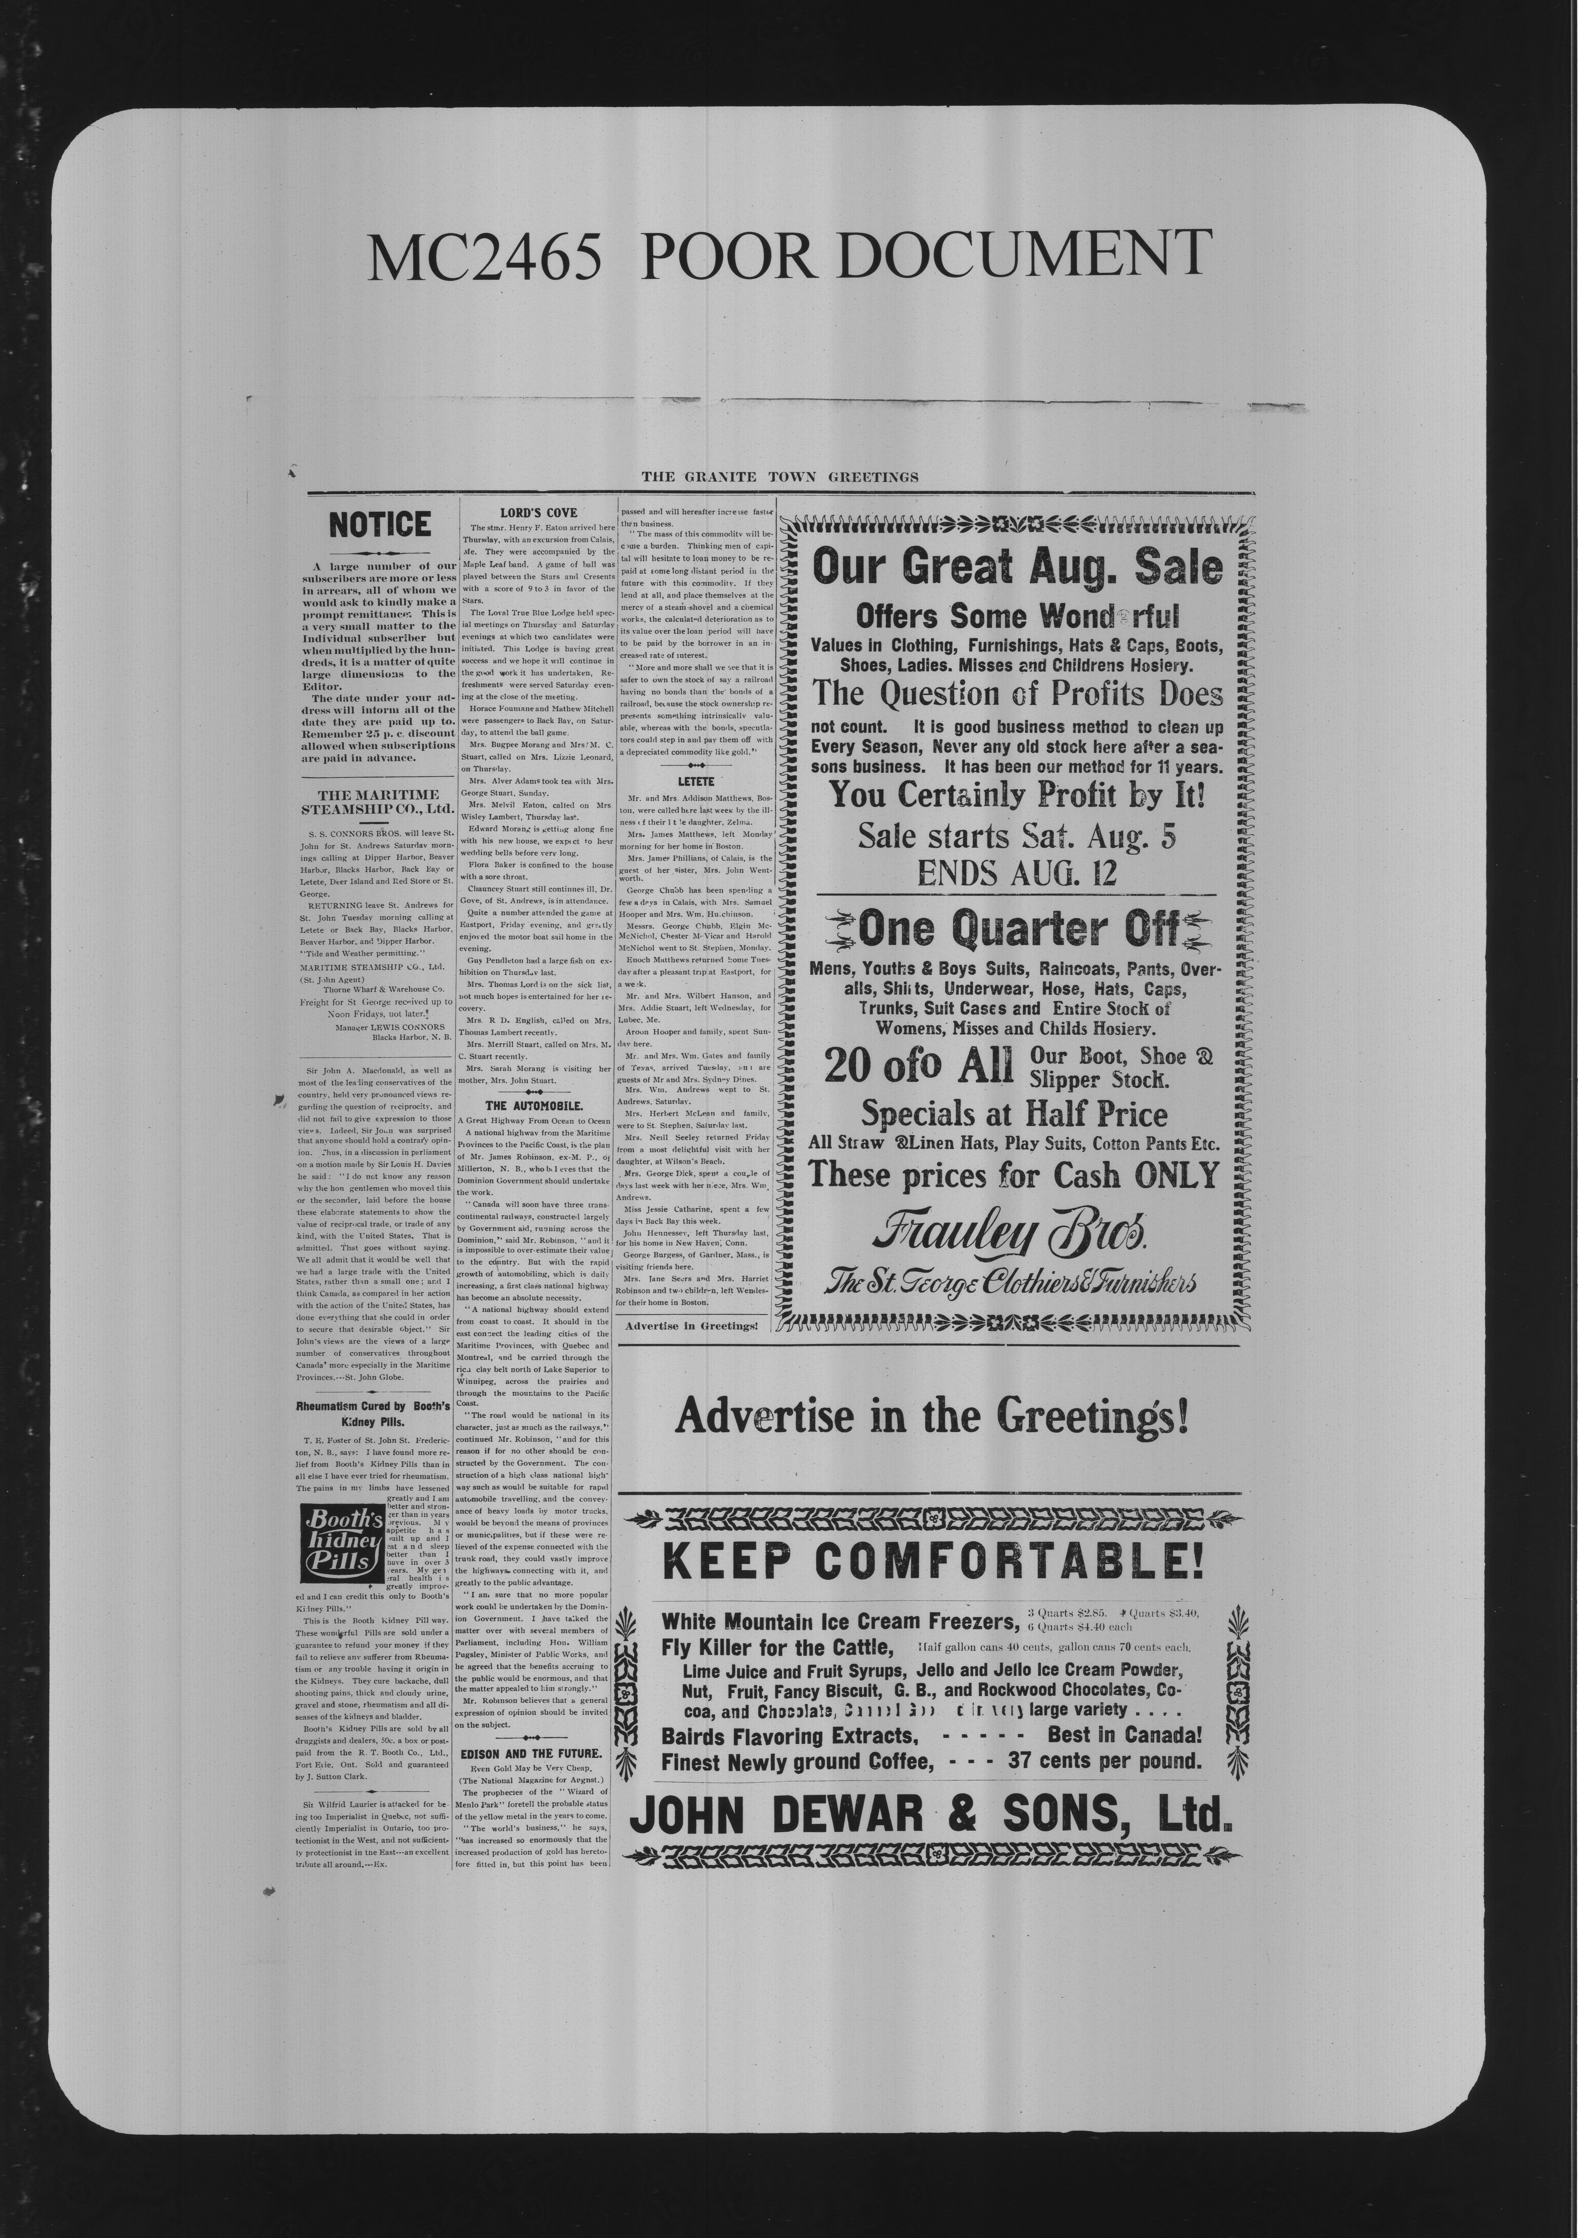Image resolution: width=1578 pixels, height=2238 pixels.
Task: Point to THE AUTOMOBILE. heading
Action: tap(534, 1106)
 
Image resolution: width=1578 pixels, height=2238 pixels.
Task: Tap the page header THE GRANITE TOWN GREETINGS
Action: tap(780, 477)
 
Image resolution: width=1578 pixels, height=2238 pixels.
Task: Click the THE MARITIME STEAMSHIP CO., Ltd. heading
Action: tap(378, 801)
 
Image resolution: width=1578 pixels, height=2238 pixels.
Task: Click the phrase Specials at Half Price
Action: tap(1014, 1114)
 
